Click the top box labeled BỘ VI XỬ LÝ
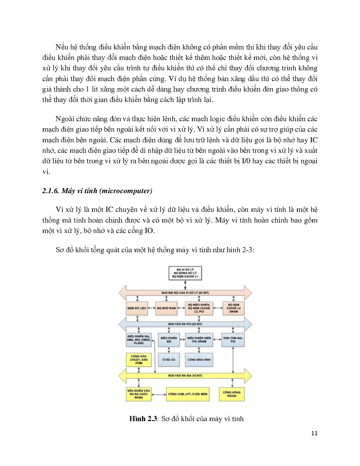[x=185, y=273]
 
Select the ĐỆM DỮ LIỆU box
[x=137, y=308]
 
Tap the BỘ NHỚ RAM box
[x=166, y=308]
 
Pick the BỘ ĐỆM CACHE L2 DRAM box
[x=233, y=308]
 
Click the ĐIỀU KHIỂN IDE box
[x=169, y=339]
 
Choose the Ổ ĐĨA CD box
[x=169, y=360]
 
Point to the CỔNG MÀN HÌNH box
[x=199, y=360]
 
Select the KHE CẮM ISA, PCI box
[x=233, y=339]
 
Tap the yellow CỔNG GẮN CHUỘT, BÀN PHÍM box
[x=139, y=360]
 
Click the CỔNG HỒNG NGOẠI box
[x=232, y=394]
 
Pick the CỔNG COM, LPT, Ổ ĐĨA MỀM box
[x=188, y=394]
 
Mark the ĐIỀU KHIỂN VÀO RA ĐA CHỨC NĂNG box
[x=139, y=394]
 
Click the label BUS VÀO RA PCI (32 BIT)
[x=185, y=324]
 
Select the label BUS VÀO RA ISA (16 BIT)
[x=185, y=376]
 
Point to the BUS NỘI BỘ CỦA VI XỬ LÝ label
[x=185, y=293]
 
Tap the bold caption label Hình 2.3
[x=143, y=419]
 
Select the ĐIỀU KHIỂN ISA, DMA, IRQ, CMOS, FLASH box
[x=139, y=339]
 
